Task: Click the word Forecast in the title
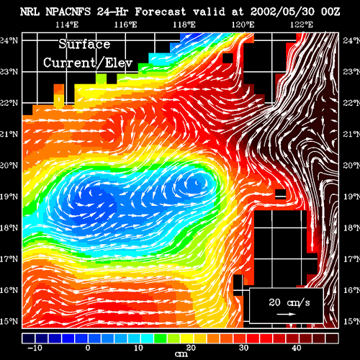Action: pyautogui.click(x=160, y=12)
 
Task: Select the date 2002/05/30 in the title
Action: pyautogui.click(x=282, y=12)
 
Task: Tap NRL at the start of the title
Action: pyautogui.click(x=30, y=12)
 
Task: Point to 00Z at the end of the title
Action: pyautogui.click(x=330, y=12)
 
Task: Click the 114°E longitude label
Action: pyautogui.click(x=67, y=24)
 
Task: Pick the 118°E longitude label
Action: pyautogui.click(x=184, y=24)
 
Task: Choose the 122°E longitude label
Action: pyautogui.click(x=302, y=24)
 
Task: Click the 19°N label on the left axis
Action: pyautogui.click(x=9, y=197)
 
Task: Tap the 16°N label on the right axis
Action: pyautogui.click(x=351, y=290)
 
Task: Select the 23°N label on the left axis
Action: pyautogui.click(x=9, y=72)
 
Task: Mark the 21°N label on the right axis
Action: pyautogui.click(x=351, y=134)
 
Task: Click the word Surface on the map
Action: pyautogui.click(x=84, y=45)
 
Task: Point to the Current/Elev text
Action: pyautogui.click(x=88, y=63)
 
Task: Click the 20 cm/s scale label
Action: pyautogui.click(x=289, y=302)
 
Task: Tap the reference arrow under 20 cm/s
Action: pyautogui.click(x=286, y=314)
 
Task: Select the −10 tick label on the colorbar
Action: pyautogui.click(x=35, y=348)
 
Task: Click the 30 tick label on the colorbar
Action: pyautogui.click(x=244, y=348)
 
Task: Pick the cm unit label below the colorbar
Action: pyautogui.click(x=181, y=354)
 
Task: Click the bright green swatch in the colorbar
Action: pyautogui.click(x=160, y=338)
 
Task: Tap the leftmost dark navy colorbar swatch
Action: pyautogui.click(x=29, y=338)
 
